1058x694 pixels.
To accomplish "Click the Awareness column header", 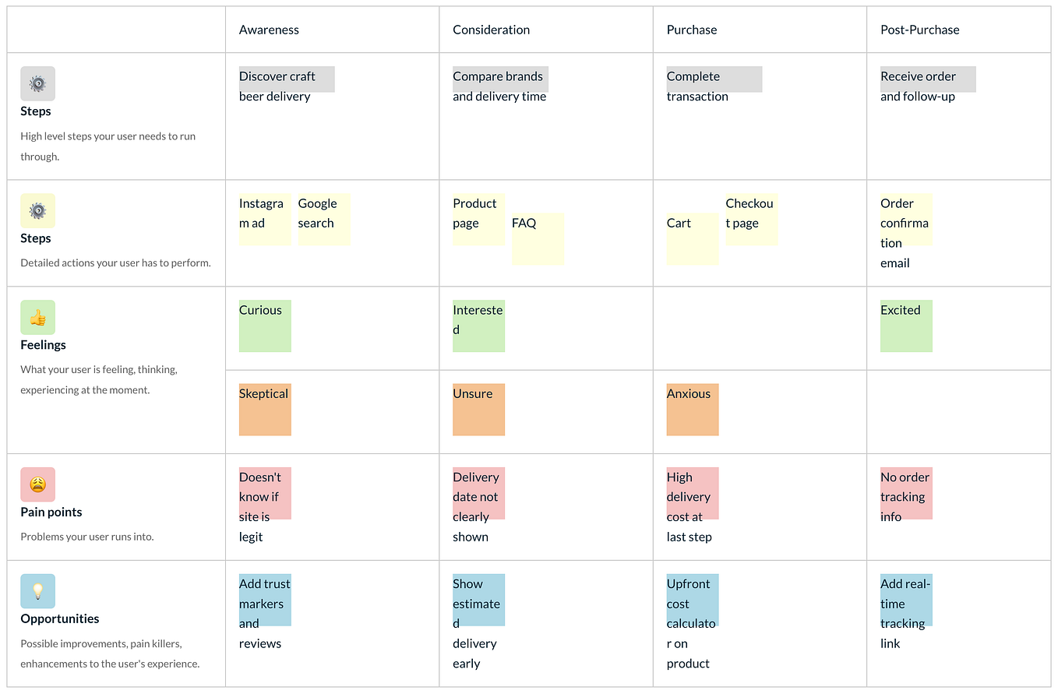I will [x=269, y=30].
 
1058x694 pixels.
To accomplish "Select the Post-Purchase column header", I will [x=919, y=30].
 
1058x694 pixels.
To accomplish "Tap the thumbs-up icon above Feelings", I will [x=37, y=317].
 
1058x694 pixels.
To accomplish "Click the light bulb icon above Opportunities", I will [x=37, y=591].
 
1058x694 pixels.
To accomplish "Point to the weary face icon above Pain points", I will [x=37, y=484].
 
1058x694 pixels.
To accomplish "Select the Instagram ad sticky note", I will [x=264, y=219].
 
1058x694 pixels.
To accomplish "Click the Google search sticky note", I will [x=323, y=219].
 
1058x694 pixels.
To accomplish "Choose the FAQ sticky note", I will [x=537, y=238].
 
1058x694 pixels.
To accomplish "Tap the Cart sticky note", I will [x=692, y=238].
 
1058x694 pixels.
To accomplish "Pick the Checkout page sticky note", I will [x=751, y=219].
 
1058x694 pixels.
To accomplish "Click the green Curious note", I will [x=264, y=326].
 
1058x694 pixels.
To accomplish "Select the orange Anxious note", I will [x=692, y=409].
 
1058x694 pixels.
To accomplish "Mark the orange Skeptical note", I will [x=264, y=409].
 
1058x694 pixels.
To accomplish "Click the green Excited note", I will [x=905, y=326].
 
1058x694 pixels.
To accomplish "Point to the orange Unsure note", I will [x=478, y=409].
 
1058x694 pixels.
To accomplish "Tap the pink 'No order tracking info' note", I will [x=905, y=494].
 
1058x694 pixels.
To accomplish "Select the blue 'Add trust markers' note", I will [x=264, y=601].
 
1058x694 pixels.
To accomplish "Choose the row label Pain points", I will [x=51, y=512].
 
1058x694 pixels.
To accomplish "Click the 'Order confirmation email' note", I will [x=905, y=220].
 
